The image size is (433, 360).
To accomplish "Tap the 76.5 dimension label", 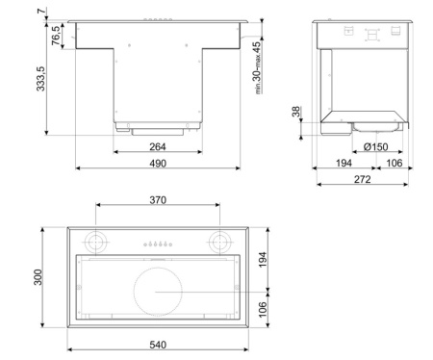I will coord(56,34).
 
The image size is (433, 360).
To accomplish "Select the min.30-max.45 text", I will coord(258,67).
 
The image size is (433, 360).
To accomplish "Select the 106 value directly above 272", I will coord(394,164).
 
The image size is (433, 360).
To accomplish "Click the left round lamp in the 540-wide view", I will coord(97,241).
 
